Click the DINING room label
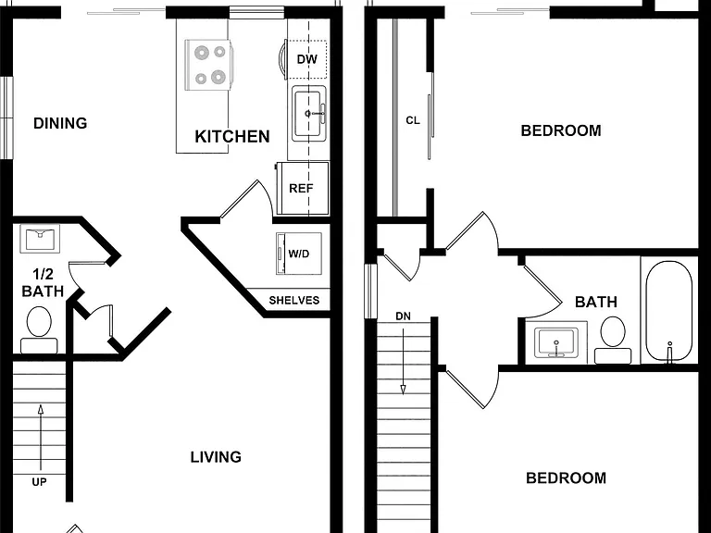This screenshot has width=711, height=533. pos(60,123)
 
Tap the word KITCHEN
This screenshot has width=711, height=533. pos(232,137)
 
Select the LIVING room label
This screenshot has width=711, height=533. pos(216,457)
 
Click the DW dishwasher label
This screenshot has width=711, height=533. pos(307,59)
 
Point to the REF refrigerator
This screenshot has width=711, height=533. pos(303,188)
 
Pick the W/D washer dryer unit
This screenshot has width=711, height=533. pos(299,254)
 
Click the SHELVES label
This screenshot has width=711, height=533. pos(294,300)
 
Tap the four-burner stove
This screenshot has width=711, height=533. pos(208,65)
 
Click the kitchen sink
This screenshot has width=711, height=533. pos(309,113)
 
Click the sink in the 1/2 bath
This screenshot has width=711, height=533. pos(40,239)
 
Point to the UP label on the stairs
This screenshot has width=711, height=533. pos(39,482)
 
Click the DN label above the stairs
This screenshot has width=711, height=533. pos(403,316)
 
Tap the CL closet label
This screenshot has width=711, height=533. pos(413,120)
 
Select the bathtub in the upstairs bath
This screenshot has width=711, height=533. pos(668,311)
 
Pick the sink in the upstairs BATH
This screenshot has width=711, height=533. pos(556,342)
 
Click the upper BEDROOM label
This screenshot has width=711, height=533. pos(561,131)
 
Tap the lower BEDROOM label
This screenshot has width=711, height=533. pos(566,478)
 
